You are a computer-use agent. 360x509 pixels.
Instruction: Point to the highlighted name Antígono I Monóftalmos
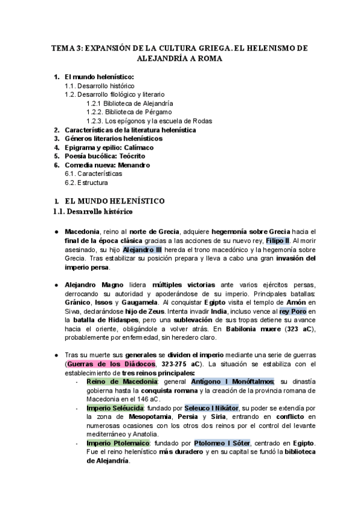click(233, 381)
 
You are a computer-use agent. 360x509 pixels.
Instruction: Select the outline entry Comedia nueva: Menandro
click(107, 164)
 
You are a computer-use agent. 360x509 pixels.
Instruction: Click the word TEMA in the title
click(61, 49)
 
